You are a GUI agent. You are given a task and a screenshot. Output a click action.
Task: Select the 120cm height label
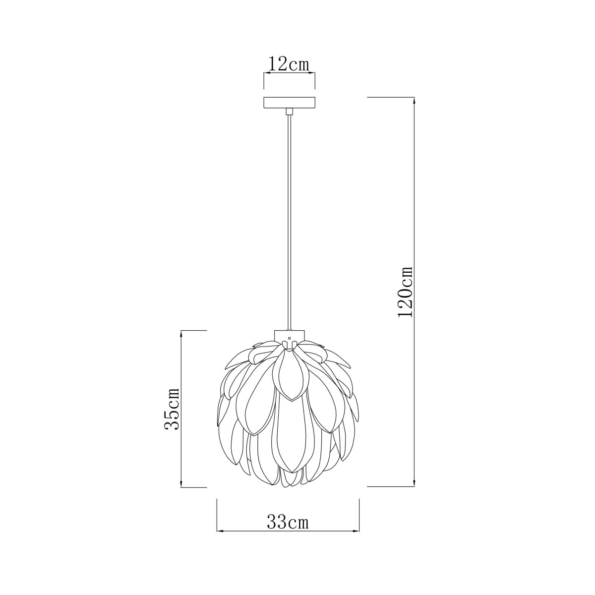pos(405,291)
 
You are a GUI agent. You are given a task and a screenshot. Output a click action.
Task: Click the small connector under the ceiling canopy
pos(289,111)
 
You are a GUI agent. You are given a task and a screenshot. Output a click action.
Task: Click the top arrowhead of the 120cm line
pos(414,101)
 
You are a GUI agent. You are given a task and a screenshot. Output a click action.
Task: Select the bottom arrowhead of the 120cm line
pos(414,491)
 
